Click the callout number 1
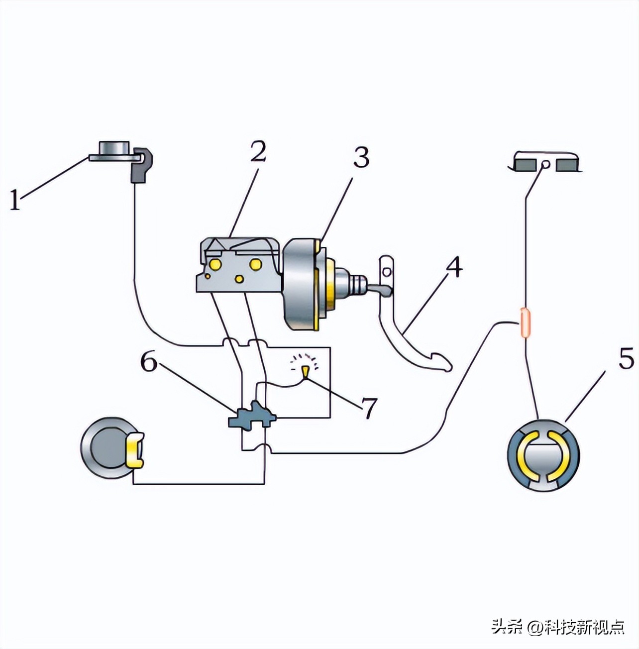[15, 200]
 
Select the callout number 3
[361, 158]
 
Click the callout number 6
[149, 363]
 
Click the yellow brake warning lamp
[305, 371]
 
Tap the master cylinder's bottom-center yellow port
[239, 279]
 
